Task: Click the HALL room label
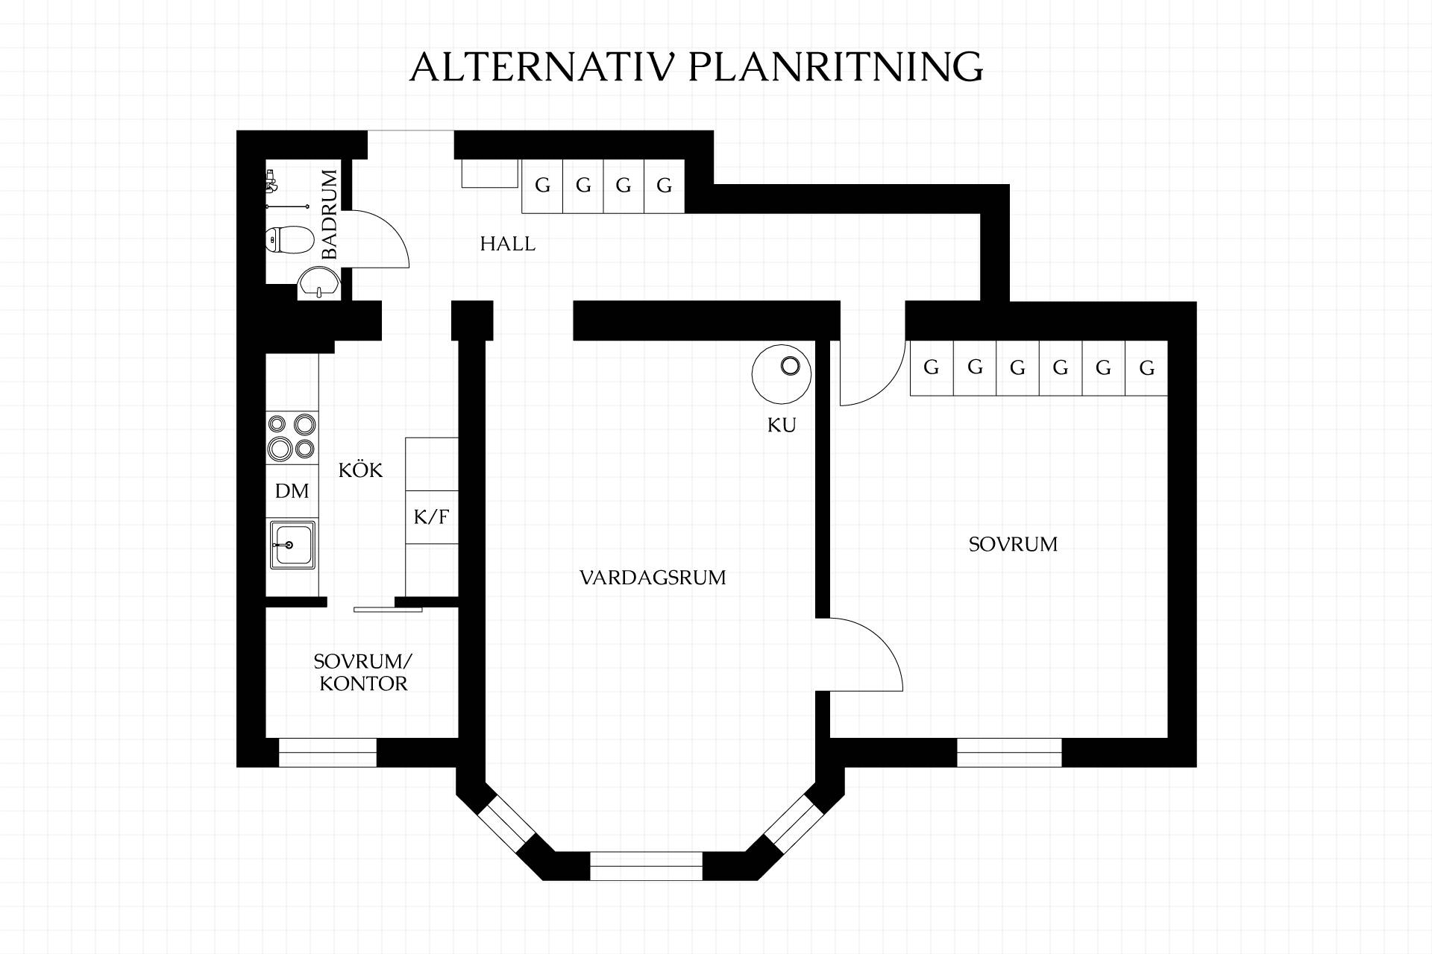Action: point(507,244)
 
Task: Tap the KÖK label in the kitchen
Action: point(360,470)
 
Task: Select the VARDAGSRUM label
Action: point(653,578)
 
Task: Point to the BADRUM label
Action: point(329,215)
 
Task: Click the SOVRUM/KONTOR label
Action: point(363,672)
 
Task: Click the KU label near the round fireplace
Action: point(782,425)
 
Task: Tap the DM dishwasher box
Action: point(292,490)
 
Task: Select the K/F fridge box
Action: point(432,517)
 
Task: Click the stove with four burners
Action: point(292,437)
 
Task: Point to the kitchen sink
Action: point(292,545)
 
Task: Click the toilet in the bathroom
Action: point(290,240)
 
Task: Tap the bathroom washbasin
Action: point(319,284)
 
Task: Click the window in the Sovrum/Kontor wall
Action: point(327,753)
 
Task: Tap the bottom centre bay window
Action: point(646,866)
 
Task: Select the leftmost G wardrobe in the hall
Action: point(542,186)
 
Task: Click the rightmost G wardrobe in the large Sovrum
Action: point(1146,367)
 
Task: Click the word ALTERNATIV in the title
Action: point(542,67)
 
